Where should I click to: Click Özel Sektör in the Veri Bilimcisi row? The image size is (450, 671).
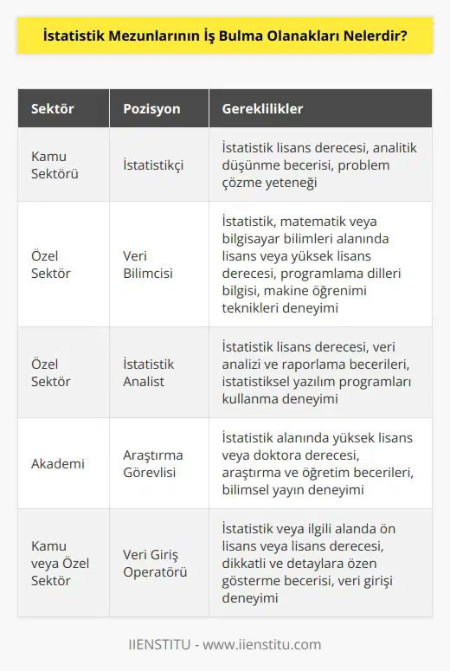[x=51, y=263]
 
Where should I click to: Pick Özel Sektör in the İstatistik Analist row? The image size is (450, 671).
[x=51, y=372]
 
